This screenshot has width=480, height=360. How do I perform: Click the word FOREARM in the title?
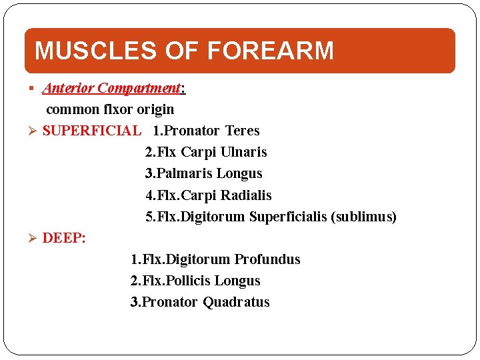tap(270, 51)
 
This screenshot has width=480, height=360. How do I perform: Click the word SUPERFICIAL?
tap(91, 131)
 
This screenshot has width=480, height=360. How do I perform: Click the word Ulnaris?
tap(239, 152)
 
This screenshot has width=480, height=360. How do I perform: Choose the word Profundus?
tap(267, 259)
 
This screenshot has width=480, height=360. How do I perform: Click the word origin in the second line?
tap(154, 109)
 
